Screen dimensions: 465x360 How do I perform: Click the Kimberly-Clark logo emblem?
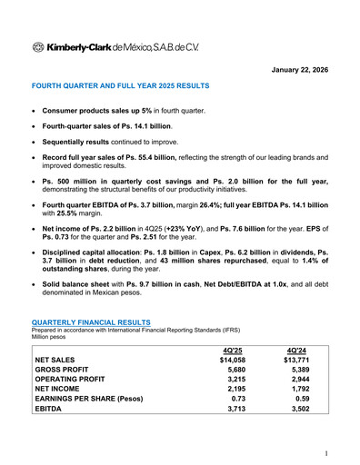(x=38, y=46)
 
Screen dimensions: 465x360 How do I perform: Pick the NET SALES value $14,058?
(x=232, y=360)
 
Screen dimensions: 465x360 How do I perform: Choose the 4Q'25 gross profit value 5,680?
(x=235, y=371)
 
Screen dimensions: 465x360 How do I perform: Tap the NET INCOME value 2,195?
(x=235, y=395)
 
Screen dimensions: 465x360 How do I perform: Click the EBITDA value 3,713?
(x=235, y=419)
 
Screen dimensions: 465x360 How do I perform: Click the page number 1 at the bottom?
(x=325, y=451)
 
